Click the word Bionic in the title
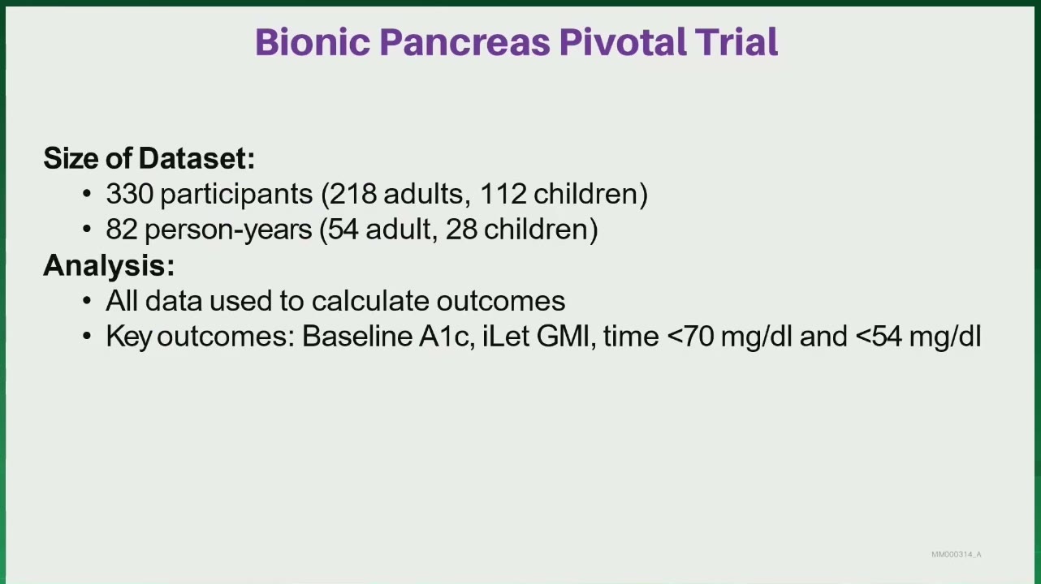[x=313, y=42]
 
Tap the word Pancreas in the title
[x=465, y=42]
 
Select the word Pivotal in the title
[x=623, y=41]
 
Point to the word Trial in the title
[x=736, y=41]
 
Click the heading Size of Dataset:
[x=149, y=158]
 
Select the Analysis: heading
[x=109, y=265]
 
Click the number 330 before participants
[x=130, y=194]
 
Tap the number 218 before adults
[x=353, y=194]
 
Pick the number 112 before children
[x=503, y=194]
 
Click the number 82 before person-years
[x=122, y=230]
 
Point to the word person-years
[x=228, y=230]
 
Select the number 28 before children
[x=461, y=230]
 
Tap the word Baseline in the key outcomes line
[x=357, y=336]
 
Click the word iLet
[x=506, y=336]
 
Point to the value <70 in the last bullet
[x=690, y=336]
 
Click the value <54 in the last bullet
[x=879, y=336]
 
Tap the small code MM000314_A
[x=957, y=554]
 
